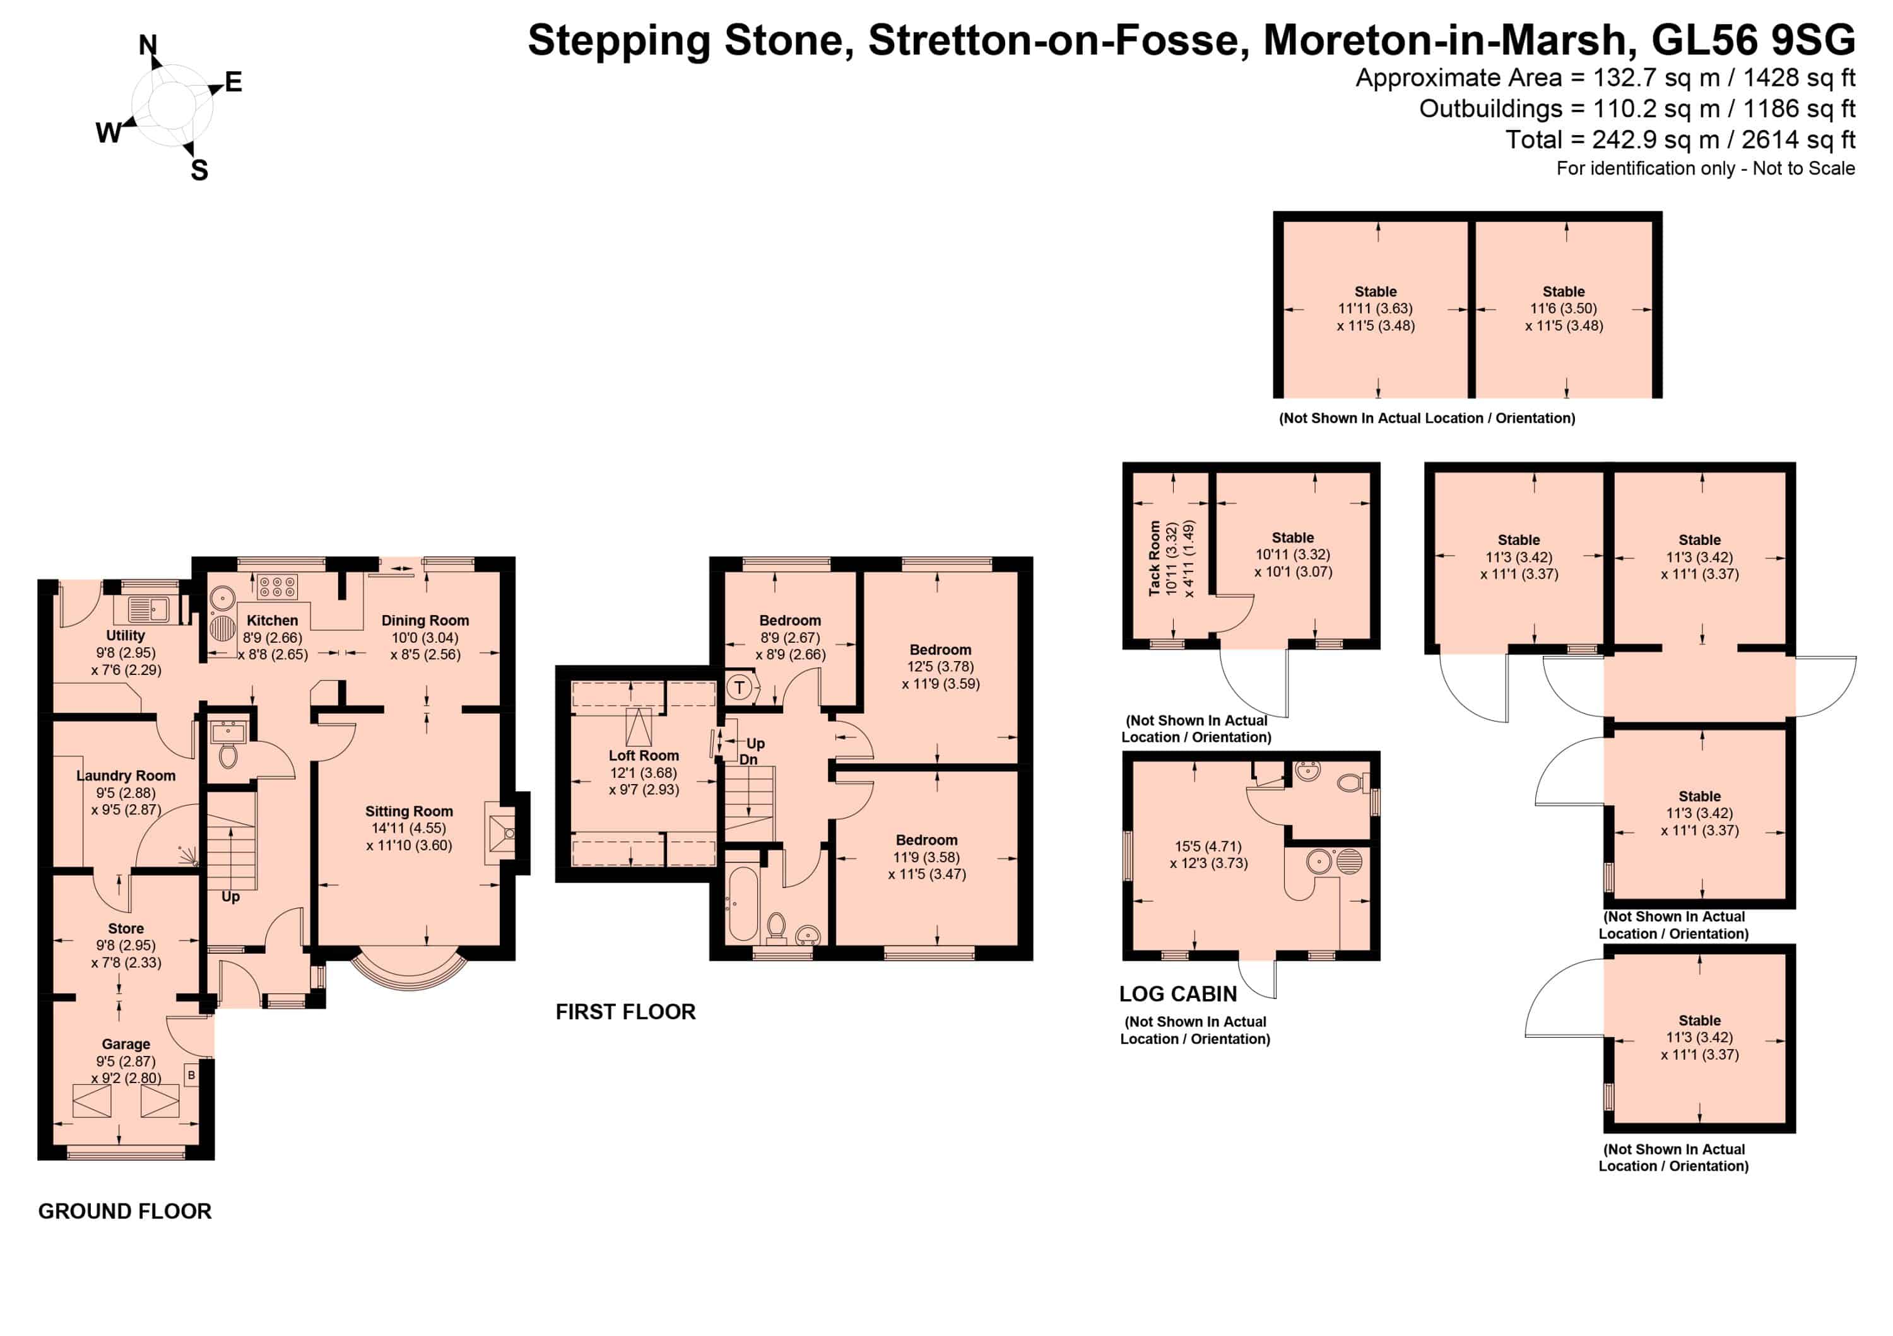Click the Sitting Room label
[x=409, y=811]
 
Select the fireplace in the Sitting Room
[x=501, y=833]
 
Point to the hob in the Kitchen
[x=277, y=587]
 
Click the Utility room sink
[x=148, y=610]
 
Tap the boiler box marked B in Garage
[x=191, y=1075]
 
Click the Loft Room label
[x=644, y=756]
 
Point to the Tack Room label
[x=1154, y=558]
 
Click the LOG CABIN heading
[x=1178, y=994]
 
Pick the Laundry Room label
[x=126, y=776]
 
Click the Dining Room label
[x=425, y=621]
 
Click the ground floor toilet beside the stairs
[x=228, y=755]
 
